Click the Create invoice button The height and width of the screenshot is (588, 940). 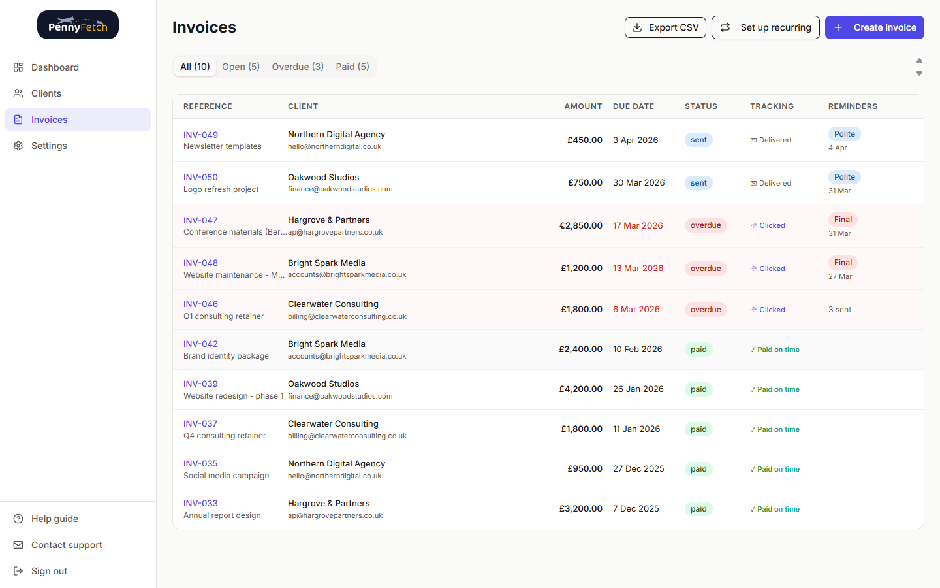(874, 27)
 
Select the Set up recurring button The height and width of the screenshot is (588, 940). (765, 27)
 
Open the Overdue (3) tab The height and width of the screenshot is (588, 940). (298, 67)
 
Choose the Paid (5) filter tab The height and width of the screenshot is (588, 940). (352, 67)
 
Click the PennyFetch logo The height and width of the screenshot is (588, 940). (78, 25)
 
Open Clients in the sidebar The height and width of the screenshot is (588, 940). (46, 93)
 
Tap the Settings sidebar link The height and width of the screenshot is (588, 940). (49, 146)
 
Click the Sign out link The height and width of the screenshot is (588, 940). (49, 571)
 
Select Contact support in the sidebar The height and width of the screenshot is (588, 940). (67, 545)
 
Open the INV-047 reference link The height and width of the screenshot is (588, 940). (200, 220)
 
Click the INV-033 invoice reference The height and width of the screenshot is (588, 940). (200, 503)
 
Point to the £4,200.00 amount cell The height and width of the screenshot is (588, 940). (580, 389)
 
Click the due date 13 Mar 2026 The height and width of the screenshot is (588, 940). (638, 268)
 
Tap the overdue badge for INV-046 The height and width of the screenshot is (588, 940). (706, 310)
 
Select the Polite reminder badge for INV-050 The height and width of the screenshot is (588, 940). (844, 177)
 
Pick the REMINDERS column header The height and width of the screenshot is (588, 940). (853, 106)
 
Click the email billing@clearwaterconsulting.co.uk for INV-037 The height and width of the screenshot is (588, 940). (347, 436)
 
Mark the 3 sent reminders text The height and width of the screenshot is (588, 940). (839, 310)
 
